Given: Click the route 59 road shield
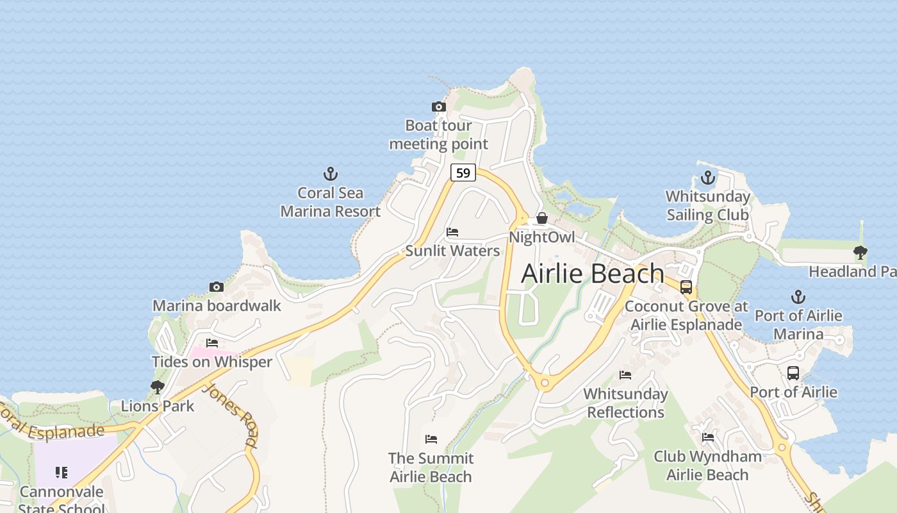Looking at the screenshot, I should [463, 172].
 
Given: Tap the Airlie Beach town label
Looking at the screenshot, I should [593, 273].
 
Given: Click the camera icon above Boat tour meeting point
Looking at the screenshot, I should [439, 107].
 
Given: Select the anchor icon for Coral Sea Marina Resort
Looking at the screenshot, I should [331, 174].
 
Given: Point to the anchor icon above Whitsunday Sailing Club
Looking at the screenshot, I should [708, 178].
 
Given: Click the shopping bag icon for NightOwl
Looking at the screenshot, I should [542, 218].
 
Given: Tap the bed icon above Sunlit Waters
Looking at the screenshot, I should [452, 232].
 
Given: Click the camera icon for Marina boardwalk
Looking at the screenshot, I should [217, 287].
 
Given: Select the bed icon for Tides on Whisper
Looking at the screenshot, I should [212, 343].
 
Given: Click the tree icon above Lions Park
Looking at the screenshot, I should [158, 387].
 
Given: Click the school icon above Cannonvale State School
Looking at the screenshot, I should [62, 473].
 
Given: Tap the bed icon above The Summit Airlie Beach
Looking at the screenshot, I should [431, 439].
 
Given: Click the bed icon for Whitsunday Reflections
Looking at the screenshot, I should [625, 375].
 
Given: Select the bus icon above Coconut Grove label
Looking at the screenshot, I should [686, 287].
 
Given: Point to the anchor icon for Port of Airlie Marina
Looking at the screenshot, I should [798, 297].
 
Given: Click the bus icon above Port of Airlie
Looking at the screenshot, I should [793, 373].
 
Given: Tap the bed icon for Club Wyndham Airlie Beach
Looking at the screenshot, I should [708, 437].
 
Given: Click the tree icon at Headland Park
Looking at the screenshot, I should [860, 253].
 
